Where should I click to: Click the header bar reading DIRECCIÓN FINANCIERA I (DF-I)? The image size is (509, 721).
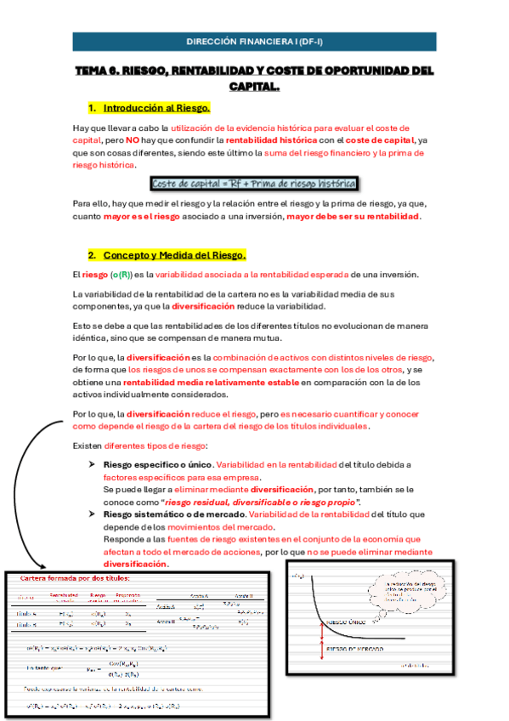click(255, 41)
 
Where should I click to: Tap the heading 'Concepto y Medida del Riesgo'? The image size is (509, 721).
click(174, 255)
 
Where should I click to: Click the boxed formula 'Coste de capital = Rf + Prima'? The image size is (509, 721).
click(254, 184)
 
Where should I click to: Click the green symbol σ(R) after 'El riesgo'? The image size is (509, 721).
click(120, 275)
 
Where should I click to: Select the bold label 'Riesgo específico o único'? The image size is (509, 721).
click(158, 465)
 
